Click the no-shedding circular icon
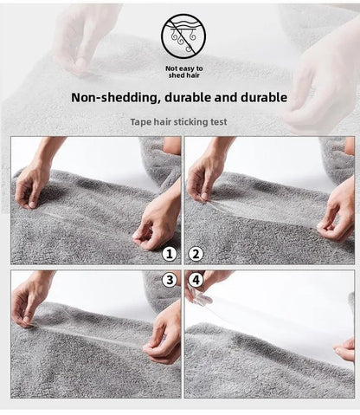click(183, 36)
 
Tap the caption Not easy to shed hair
click(183, 72)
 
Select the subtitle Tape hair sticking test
click(178, 122)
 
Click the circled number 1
click(170, 254)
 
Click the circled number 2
click(196, 254)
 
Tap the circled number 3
click(170, 280)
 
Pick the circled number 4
click(196, 280)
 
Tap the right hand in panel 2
click(337, 215)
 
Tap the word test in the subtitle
click(219, 122)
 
